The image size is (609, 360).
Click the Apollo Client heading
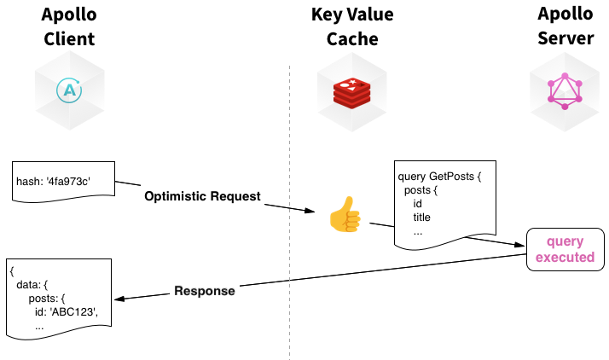pos(69,26)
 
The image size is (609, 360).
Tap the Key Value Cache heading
pos(352,26)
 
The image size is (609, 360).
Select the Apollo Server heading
pos(565,26)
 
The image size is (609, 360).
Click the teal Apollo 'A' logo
pos(69,90)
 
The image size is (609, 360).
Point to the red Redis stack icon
pos(352,93)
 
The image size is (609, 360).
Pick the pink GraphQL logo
pos(565,91)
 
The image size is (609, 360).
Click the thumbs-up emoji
pos(345,214)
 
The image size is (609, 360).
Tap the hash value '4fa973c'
pos(68,182)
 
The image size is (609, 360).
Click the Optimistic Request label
pos(202,196)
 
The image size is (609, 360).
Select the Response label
pos(205,291)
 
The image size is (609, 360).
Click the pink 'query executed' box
pos(565,249)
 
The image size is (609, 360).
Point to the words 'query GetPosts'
pos(436,177)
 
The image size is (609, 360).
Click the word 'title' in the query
pos(422,217)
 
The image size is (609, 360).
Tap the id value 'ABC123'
pos(73,312)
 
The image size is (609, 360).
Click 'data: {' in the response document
pos(32,285)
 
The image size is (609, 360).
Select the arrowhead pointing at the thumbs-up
pos(310,211)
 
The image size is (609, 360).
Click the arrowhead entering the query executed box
pos(519,245)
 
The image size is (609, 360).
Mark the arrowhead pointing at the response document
pos(119,299)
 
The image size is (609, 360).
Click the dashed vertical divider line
pos(289,212)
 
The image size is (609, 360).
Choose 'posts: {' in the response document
pos(47,299)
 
